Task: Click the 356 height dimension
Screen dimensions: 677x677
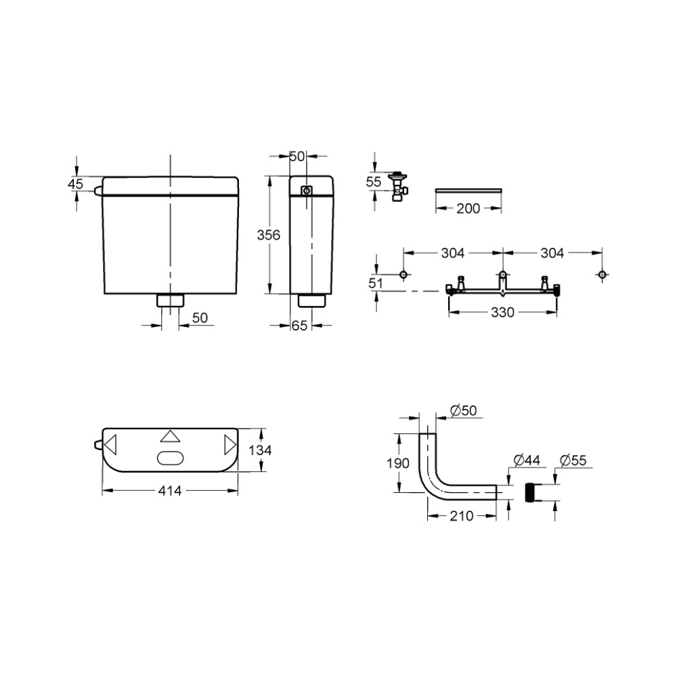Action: [x=269, y=235]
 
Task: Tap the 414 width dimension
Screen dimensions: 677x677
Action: [x=170, y=491]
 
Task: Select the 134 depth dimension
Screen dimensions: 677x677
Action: [x=261, y=450]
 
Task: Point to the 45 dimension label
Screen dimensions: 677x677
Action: [x=75, y=183]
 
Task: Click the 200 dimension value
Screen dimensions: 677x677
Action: [x=468, y=209]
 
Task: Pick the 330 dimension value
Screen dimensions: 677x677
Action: [x=502, y=312]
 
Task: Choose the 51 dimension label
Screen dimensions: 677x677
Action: [x=376, y=283]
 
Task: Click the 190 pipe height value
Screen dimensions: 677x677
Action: [x=397, y=463]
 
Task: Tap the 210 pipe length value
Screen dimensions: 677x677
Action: [x=462, y=515]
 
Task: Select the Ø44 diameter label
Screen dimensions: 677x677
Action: [x=527, y=460]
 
